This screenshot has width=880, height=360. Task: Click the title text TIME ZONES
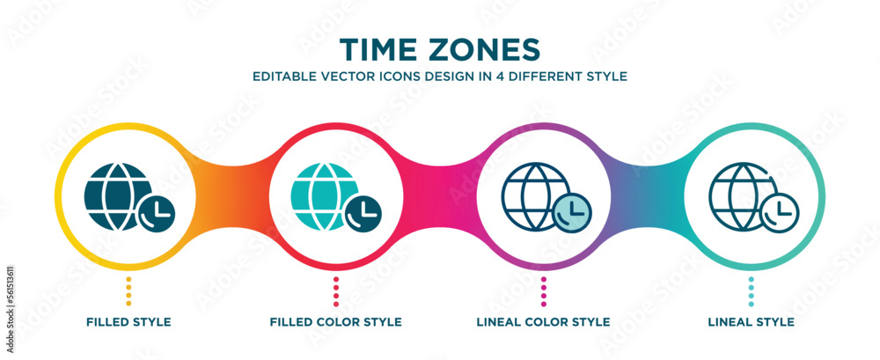pyautogui.click(x=439, y=47)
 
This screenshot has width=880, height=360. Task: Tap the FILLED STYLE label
pyautogui.click(x=128, y=322)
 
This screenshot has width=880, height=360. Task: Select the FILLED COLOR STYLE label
pyautogui.click(x=336, y=322)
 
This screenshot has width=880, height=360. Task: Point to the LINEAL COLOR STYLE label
pyautogui.click(x=544, y=322)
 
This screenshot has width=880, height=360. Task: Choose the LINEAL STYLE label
pyautogui.click(x=751, y=322)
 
